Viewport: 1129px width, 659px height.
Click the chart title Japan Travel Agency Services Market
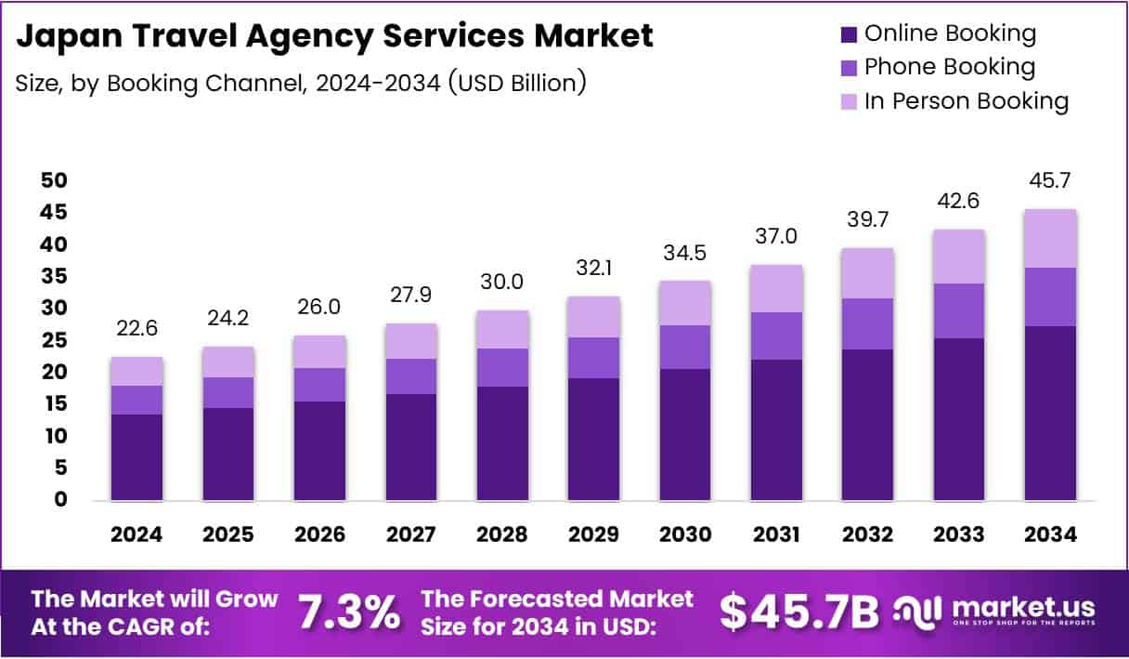335,36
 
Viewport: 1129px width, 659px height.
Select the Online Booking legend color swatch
847,34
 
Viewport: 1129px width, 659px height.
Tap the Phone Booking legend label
949,67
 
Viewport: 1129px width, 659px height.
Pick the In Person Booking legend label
967,100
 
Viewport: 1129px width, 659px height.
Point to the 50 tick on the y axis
55,180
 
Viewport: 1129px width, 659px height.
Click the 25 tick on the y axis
55,340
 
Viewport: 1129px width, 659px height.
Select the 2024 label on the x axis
136,534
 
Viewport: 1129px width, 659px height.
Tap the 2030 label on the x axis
685,534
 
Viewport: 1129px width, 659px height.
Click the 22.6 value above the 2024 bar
136,328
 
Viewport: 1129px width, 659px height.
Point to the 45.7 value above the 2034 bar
1051,180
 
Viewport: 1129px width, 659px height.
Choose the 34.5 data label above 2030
685,252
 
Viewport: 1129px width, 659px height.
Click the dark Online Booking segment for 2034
1051,413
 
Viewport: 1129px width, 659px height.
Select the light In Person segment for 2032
868,273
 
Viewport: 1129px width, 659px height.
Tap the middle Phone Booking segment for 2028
502,367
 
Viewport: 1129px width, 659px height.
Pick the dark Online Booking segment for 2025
228,454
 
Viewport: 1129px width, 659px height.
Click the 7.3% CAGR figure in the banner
349,612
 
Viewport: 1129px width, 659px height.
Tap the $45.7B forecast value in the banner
798,612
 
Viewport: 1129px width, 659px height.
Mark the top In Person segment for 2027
411,341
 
